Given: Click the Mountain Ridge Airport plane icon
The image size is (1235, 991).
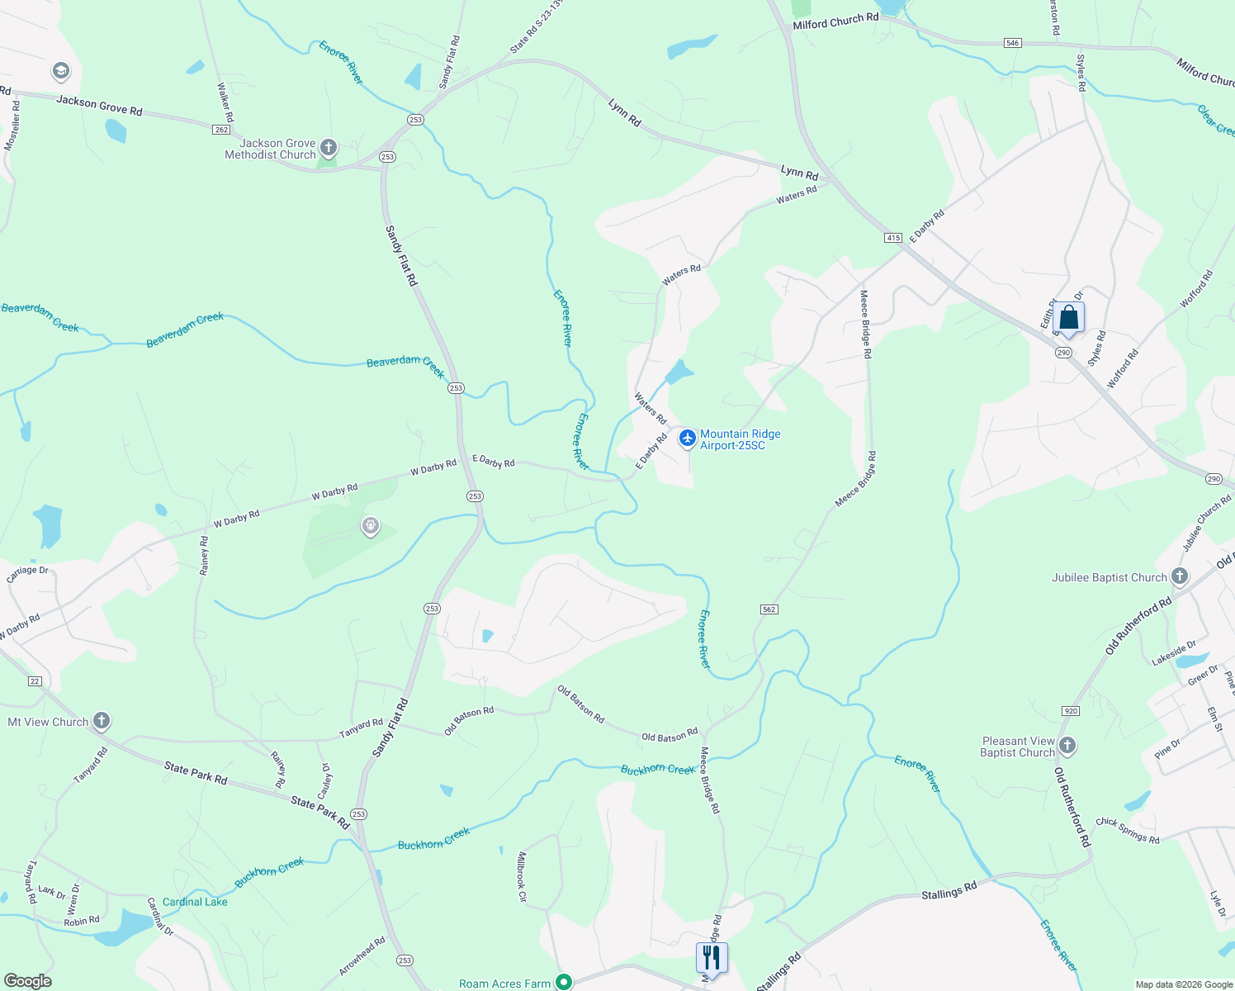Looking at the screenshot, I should (x=687, y=439).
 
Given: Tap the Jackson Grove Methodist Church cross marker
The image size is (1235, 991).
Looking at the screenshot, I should (x=329, y=148).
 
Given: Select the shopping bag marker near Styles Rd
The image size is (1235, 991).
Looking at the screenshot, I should (x=1068, y=318).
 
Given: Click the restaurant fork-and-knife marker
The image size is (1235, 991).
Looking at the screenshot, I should (x=711, y=958).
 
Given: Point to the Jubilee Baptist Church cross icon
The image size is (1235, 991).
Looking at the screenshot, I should (x=1180, y=576).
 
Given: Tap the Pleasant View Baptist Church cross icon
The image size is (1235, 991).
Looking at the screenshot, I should (x=1067, y=746).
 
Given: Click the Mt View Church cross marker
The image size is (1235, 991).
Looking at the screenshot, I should (x=102, y=721).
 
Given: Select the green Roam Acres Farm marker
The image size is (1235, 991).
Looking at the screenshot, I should (x=564, y=982).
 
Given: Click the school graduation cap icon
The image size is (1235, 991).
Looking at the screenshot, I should (x=60, y=71).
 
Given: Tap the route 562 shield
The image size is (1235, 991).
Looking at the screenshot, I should (x=769, y=609).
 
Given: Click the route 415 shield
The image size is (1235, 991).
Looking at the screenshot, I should (x=892, y=238).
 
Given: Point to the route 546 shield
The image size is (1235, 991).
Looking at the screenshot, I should (x=1013, y=42).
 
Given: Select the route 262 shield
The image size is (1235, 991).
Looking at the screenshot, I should (x=220, y=130).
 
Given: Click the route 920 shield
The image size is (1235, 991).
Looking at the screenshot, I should (x=1071, y=711).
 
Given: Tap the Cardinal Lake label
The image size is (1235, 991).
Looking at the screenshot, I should (x=195, y=902).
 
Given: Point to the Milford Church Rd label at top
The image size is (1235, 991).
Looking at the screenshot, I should (x=835, y=21).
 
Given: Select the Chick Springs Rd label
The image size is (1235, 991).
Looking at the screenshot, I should (x=1127, y=831).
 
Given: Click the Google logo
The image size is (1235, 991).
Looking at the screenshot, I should (x=27, y=981).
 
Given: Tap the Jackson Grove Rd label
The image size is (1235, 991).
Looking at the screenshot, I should (x=99, y=105).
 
